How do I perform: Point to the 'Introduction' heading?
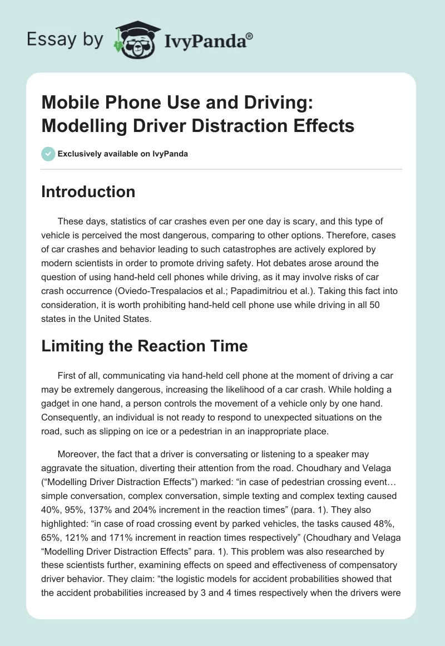coord(88,192)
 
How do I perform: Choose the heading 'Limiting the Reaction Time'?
coord(144,346)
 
